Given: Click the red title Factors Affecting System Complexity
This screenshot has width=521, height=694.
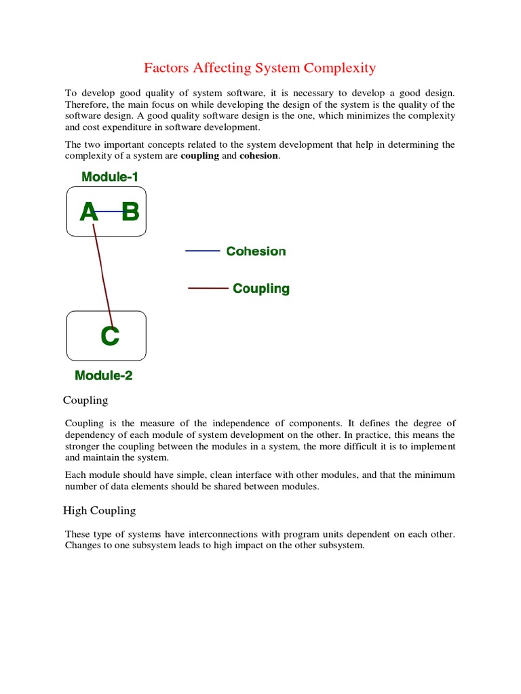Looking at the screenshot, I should click(x=260, y=68).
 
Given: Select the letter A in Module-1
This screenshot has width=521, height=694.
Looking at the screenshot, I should click(x=89, y=213).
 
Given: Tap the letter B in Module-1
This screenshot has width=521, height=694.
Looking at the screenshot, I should click(x=130, y=213).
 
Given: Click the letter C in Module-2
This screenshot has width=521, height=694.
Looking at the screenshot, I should click(x=109, y=336).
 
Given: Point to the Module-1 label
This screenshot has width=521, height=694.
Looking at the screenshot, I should click(x=110, y=177).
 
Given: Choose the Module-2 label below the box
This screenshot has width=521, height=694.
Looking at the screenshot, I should click(x=103, y=375).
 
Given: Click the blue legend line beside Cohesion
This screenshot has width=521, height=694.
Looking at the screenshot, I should click(x=202, y=251).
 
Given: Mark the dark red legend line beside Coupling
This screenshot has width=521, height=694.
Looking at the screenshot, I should click(x=208, y=289).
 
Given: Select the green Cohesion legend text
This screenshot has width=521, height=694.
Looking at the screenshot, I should click(x=256, y=251).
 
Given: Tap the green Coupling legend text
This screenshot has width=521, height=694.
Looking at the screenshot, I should click(x=261, y=289).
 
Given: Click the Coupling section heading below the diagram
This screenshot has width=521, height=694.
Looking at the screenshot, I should click(x=85, y=401).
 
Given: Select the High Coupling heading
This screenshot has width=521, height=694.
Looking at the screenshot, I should click(x=100, y=510).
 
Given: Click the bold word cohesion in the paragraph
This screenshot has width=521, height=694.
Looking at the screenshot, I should click(x=259, y=157).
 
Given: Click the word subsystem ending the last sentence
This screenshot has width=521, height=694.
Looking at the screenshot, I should click(x=341, y=546).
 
